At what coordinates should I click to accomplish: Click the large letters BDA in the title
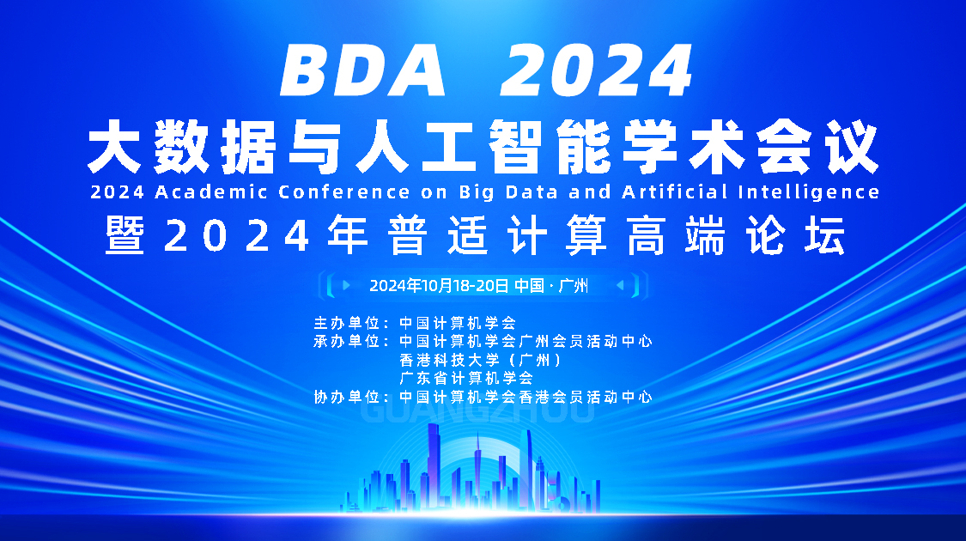(364, 71)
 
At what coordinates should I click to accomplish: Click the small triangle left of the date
(346, 284)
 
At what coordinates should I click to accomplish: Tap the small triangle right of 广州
(620, 284)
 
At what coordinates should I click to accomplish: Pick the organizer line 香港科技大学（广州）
(480, 360)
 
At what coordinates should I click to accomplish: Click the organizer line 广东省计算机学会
(466, 378)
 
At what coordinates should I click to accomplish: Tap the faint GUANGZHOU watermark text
(478, 412)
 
